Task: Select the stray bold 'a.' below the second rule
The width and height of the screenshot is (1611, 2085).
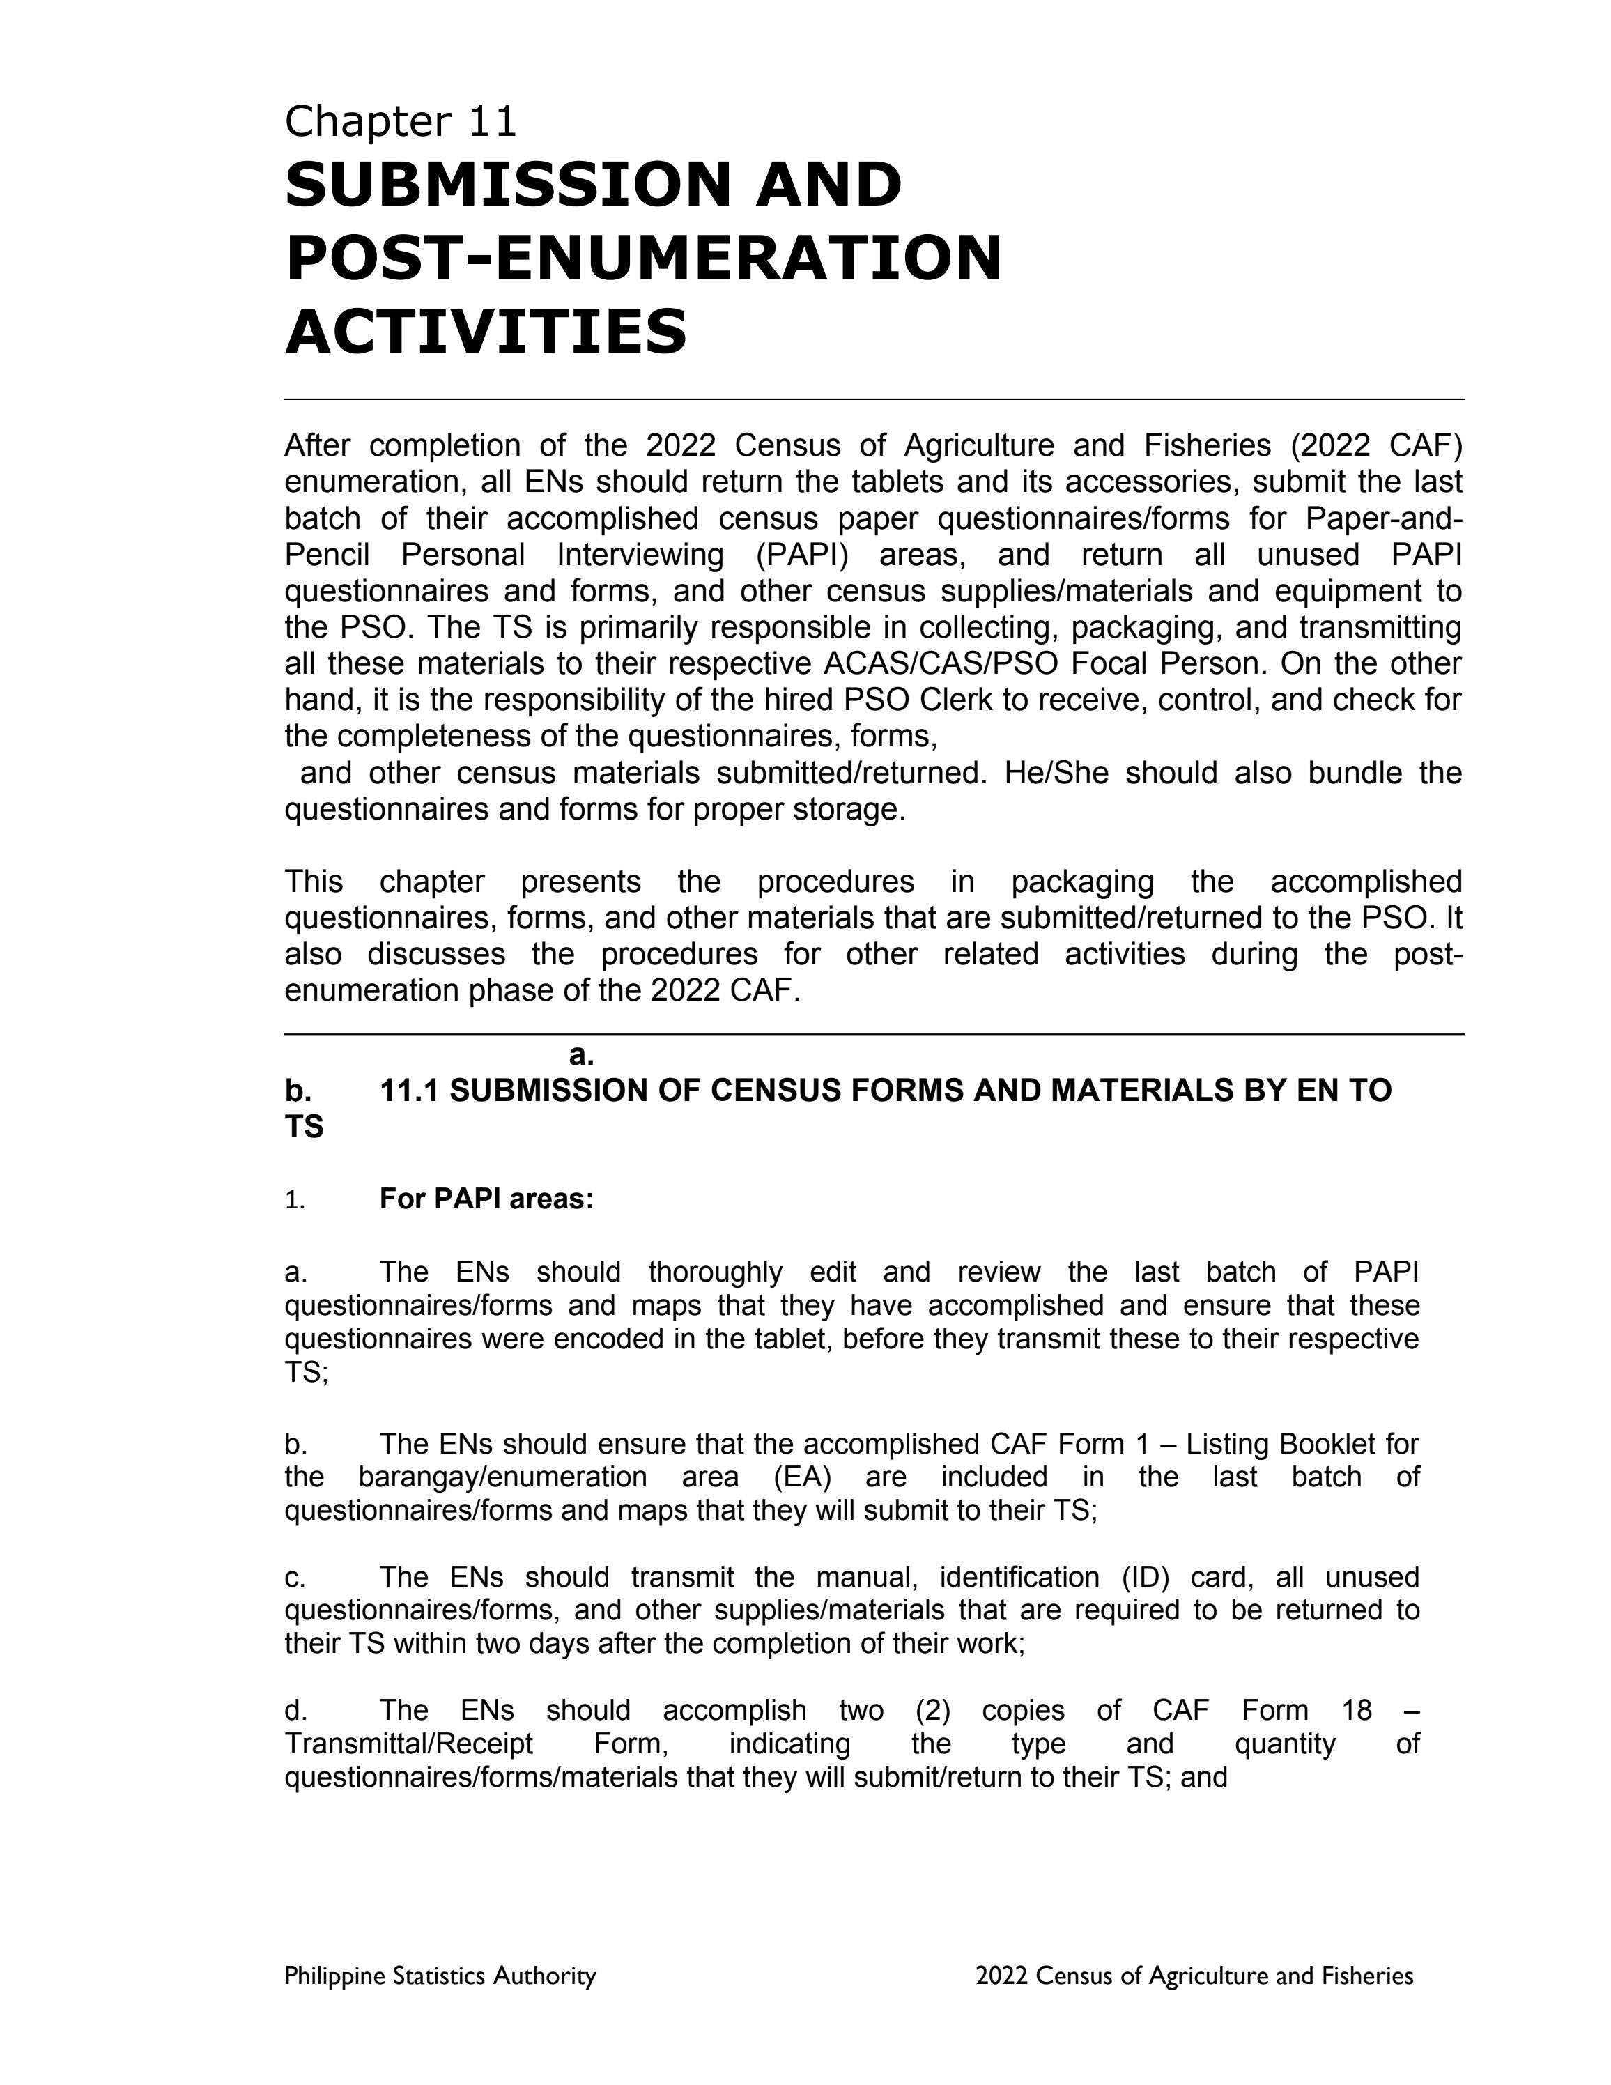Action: tap(581, 1055)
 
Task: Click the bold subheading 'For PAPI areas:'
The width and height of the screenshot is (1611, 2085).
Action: tap(486, 1199)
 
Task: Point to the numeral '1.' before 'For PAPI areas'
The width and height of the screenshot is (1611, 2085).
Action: tap(294, 1200)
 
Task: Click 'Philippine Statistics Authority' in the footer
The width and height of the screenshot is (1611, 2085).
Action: tap(440, 1975)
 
